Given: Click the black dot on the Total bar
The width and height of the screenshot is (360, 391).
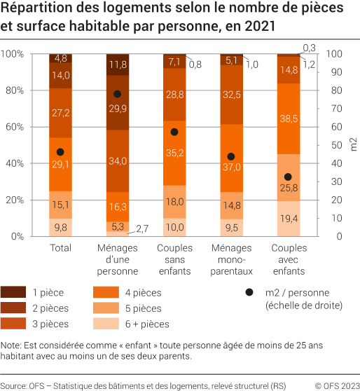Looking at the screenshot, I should click(x=60, y=152).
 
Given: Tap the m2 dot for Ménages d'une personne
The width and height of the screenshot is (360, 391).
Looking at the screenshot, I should click(x=117, y=94).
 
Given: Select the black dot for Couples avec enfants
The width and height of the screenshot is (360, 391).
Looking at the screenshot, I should click(x=288, y=177).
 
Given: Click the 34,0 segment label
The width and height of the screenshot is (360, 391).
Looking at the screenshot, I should click(x=117, y=161).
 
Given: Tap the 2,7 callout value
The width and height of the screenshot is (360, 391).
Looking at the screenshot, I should click(x=142, y=229).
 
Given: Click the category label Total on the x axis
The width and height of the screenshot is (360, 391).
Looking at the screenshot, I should click(x=60, y=248).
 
